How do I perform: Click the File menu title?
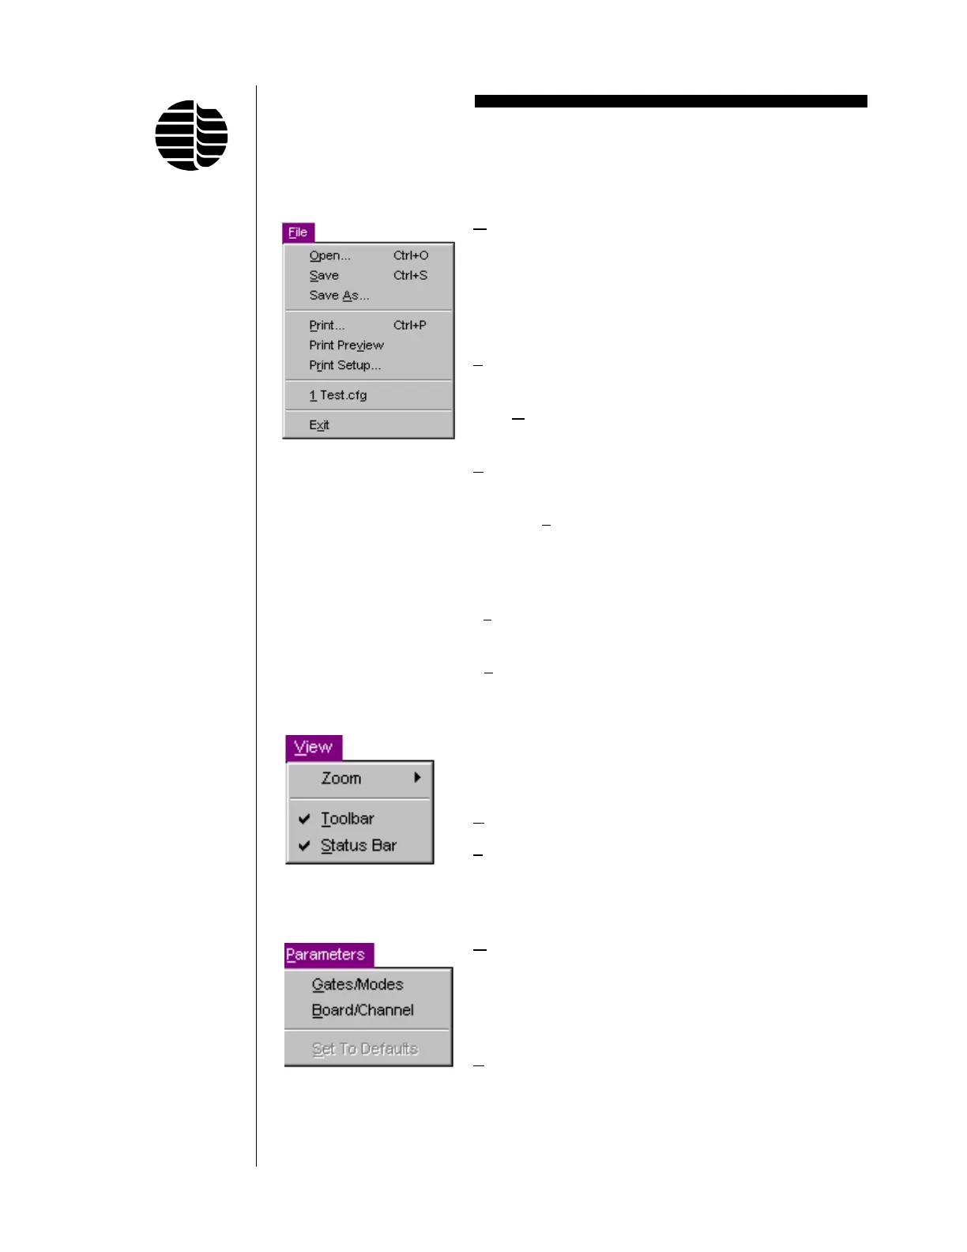point(298,232)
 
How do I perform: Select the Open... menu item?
point(329,255)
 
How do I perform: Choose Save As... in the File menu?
point(339,296)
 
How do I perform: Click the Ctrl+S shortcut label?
point(410,275)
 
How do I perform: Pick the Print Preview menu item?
point(346,345)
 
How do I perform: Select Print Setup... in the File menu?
point(344,365)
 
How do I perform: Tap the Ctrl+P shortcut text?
point(409,325)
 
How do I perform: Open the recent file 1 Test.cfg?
point(338,395)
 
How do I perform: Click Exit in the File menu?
point(319,425)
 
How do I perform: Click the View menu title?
point(313,747)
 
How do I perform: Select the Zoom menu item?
point(341,779)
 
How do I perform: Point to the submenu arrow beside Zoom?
point(417,778)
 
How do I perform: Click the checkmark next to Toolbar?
point(304,819)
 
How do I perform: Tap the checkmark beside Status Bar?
point(304,846)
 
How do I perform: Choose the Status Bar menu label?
point(359,846)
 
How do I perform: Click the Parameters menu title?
point(325,955)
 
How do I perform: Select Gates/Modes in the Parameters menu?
point(357,985)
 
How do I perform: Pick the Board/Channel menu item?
point(363,1010)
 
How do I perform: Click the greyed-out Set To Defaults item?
point(364,1049)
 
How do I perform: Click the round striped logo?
point(191,135)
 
